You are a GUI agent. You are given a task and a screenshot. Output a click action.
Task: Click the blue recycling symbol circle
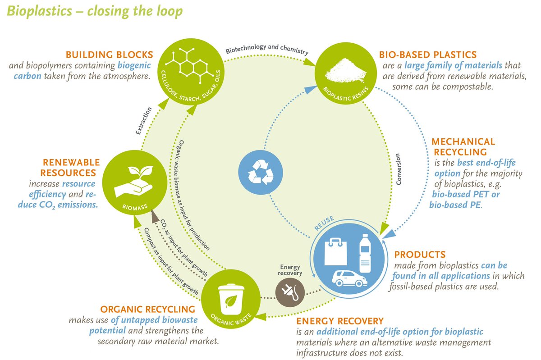260,171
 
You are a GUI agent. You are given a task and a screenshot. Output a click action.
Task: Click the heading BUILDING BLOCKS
110,55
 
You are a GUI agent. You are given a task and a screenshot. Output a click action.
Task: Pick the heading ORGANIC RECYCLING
147,310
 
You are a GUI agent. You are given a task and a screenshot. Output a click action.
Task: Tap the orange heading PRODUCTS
420,254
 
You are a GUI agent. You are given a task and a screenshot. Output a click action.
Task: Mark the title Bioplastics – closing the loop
94,11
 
